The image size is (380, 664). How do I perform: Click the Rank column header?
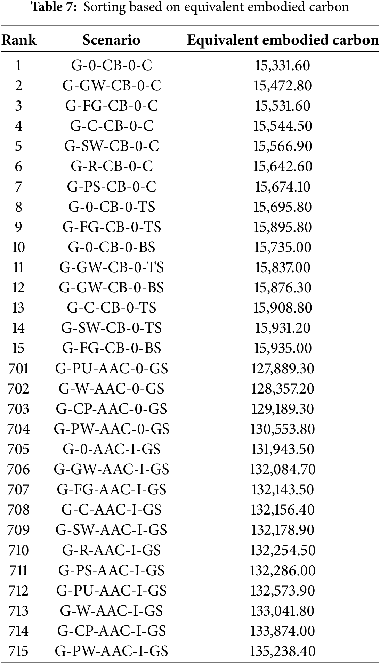pyautogui.click(x=19, y=40)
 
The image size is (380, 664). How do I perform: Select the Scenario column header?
pyautogui.click(x=111, y=40)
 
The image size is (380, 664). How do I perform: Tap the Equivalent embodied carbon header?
pyautogui.click(x=283, y=40)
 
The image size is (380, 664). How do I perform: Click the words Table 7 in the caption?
pyautogui.click(x=54, y=7)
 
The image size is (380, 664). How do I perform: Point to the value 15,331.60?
pyautogui.click(x=282, y=65)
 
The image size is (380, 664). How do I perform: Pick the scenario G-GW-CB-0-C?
pyautogui.click(x=112, y=86)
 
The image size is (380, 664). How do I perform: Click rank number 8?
pyautogui.click(x=18, y=207)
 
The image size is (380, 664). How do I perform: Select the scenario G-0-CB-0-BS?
pyautogui.click(x=112, y=247)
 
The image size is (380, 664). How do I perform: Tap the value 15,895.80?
pyautogui.click(x=282, y=227)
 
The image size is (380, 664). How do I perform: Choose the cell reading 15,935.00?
pyautogui.click(x=282, y=348)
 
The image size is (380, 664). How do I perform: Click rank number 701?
pyautogui.click(x=18, y=368)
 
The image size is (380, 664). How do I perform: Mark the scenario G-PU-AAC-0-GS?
pyautogui.click(x=112, y=368)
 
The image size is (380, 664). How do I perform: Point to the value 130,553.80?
pyautogui.click(x=282, y=429)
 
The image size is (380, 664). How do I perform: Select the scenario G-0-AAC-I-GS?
pyautogui.click(x=112, y=449)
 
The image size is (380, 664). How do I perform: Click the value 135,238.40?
pyautogui.click(x=282, y=651)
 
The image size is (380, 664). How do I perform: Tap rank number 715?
pyautogui.click(x=18, y=651)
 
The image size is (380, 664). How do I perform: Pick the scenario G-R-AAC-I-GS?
pyautogui.click(x=112, y=550)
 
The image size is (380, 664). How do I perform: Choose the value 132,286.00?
pyautogui.click(x=282, y=570)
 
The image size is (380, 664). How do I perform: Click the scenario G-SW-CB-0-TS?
pyautogui.click(x=112, y=328)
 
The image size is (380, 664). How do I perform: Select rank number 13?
pyautogui.click(x=18, y=308)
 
